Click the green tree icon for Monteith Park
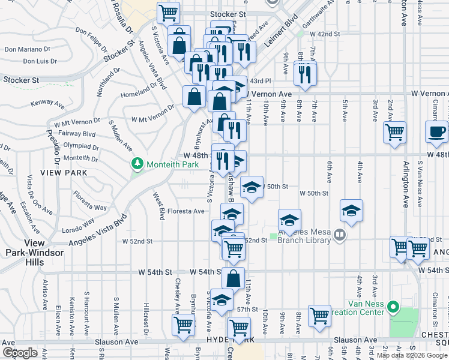click(x=137, y=163)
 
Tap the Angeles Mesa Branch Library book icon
click(x=340, y=234)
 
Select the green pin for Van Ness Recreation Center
click(x=394, y=308)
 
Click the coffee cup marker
click(x=436, y=131)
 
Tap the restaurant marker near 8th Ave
click(x=306, y=73)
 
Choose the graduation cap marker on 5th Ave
click(x=351, y=210)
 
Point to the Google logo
click(x=20, y=353)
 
